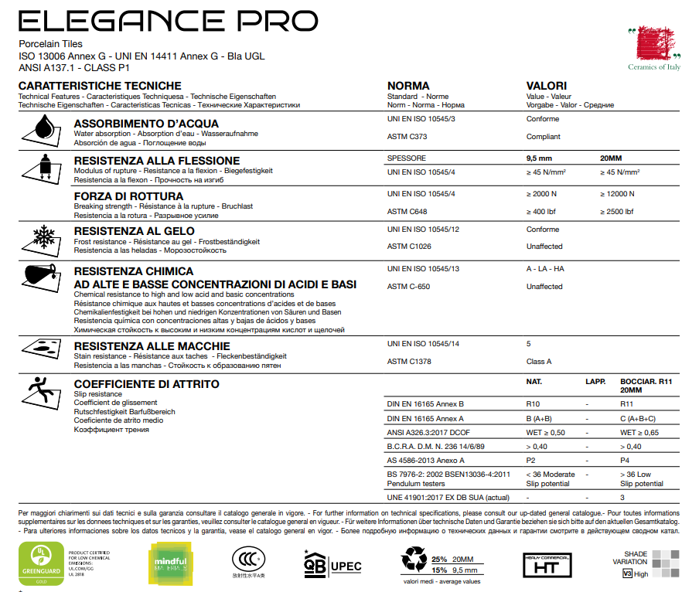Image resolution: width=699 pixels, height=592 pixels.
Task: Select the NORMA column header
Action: [x=407, y=86]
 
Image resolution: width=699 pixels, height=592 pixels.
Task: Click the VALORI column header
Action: [x=547, y=86]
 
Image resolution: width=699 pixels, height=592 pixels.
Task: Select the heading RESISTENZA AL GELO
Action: [x=133, y=230]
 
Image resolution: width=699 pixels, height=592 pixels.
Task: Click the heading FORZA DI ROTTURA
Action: [x=128, y=196]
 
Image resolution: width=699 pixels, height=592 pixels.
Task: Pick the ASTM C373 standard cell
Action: [x=406, y=137]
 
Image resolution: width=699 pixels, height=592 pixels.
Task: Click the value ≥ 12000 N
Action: [x=617, y=194]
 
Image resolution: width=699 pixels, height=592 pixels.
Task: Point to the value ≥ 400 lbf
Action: [x=543, y=212]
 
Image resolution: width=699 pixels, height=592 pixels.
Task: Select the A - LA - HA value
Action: [x=545, y=269]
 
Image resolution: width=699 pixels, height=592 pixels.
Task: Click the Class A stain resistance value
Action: [x=539, y=361]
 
